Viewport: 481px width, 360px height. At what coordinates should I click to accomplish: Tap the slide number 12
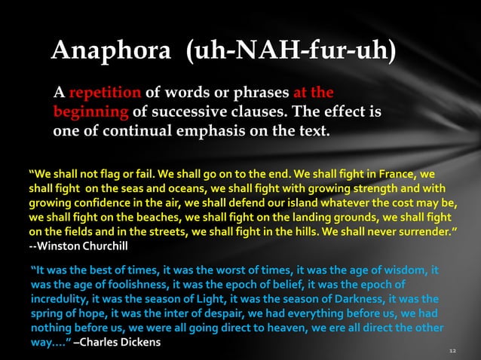pos(452,351)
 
